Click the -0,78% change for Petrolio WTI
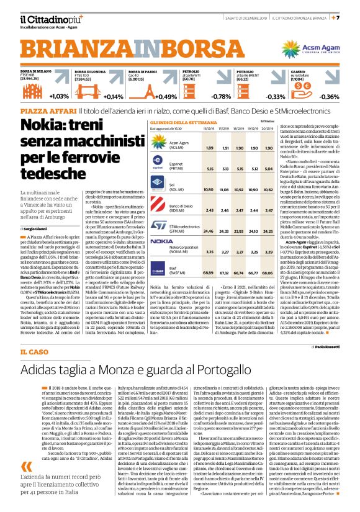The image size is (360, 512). (x=221, y=96)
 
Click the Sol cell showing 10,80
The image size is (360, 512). (x=209, y=189)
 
